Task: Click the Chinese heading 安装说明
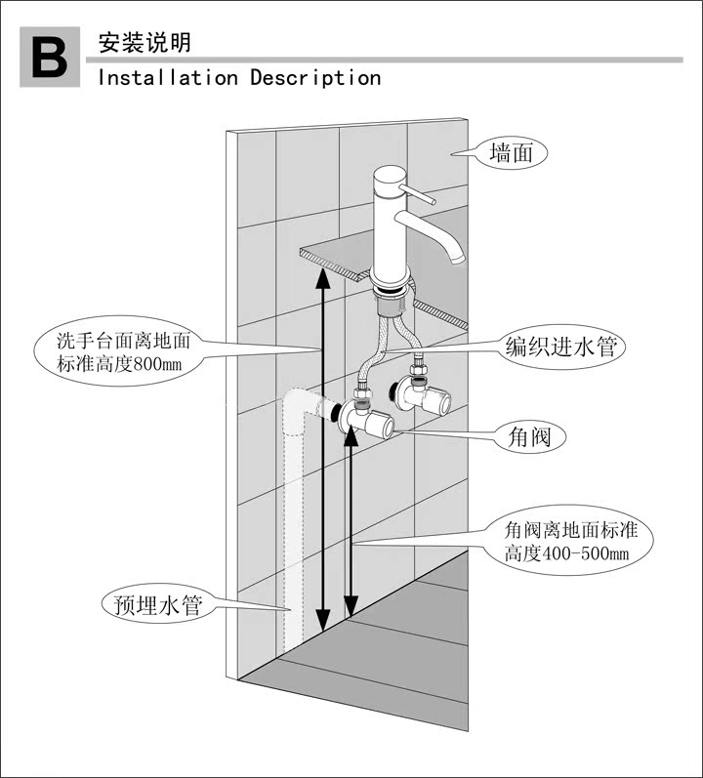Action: (x=144, y=43)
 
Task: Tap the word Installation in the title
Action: (x=167, y=77)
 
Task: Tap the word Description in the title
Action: (x=315, y=77)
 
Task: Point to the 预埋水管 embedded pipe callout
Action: (x=151, y=605)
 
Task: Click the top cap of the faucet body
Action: (x=389, y=174)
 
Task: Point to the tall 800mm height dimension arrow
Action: (x=323, y=449)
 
